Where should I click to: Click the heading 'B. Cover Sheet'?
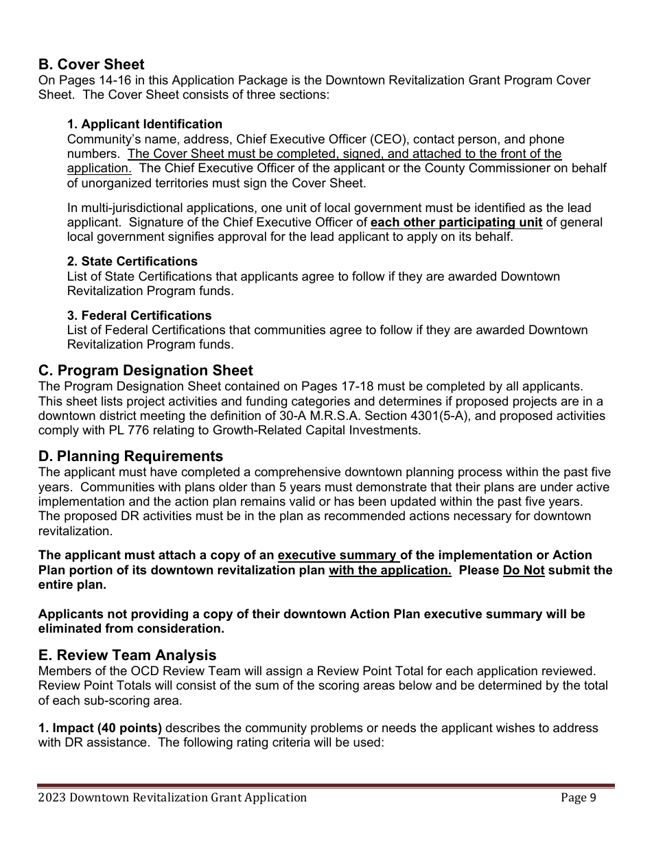click(91, 65)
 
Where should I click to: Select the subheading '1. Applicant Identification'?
click(144, 124)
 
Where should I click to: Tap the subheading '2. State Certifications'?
click(132, 261)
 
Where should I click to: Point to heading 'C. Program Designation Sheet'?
click(145, 371)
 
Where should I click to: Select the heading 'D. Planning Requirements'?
click(130, 456)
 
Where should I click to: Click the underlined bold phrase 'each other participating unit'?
click(456, 222)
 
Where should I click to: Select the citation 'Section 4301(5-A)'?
click(377, 416)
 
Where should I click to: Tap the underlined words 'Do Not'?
click(523, 570)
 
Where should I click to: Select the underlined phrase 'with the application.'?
click(390, 570)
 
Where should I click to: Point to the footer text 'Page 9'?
click(578, 797)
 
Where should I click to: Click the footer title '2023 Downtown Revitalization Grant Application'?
click(172, 797)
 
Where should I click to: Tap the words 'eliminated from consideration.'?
click(130, 629)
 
